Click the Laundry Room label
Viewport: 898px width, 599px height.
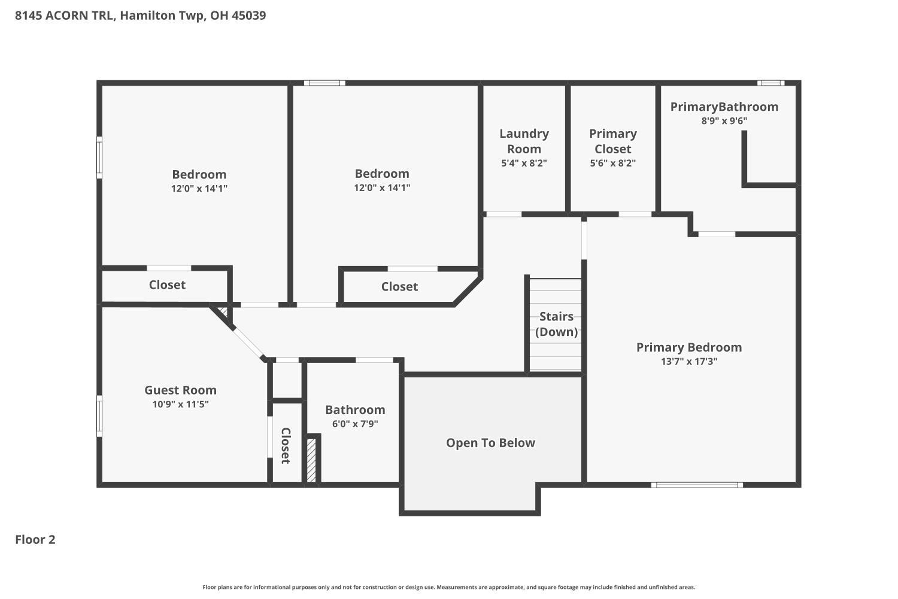pyautogui.click(x=524, y=141)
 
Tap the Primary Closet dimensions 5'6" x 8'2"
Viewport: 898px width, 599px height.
pyautogui.click(x=612, y=163)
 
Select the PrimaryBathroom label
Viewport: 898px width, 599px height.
pyautogui.click(x=724, y=107)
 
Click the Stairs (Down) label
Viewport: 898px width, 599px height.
pyautogui.click(x=556, y=324)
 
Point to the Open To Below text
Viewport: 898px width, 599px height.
pyautogui.click(x=490, y=443)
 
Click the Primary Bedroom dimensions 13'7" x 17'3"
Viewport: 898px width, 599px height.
pyautogui.click(x=688, y=361)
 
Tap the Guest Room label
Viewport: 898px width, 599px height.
pyautogui.click(x=180, y=390)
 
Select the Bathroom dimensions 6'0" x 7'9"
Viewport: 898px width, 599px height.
pyautogui.click(x=355, y=424)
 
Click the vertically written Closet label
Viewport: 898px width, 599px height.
pyautogui.click(x=286, y=445)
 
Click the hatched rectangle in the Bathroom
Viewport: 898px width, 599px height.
pyautogui.click(x=311, y=460)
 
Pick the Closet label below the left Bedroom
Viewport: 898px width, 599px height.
pyautogui.click(x=167, y=285)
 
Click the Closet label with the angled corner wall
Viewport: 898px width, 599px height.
pyautogui.click(x=399, y=286)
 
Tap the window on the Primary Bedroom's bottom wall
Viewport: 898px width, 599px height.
pyautogui.click(x=697, y=485)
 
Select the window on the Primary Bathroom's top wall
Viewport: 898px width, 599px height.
pyautogui.click(x=770, y=83)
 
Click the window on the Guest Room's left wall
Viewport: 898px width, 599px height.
pyautogui.click(x=99, y=415)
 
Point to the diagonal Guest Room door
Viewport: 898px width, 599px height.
pyautogui.click(x=247, y=342)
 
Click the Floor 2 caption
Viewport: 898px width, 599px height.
pyautogui.click(x=35, y=540)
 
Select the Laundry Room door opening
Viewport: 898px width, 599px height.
pyautogui.click(x=503, y=214)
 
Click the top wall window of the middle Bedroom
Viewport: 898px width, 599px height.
pyautogui.click(x=324, y=83)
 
